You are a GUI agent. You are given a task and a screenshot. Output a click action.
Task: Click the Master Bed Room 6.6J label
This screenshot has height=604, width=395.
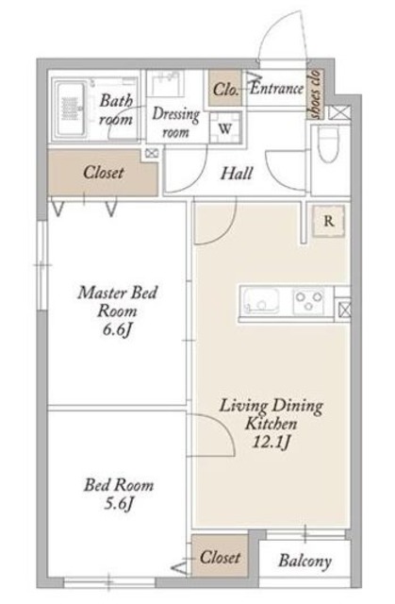(x=117, y=310)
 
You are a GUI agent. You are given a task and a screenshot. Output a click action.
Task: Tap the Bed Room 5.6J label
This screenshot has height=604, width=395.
(x=119, y=495)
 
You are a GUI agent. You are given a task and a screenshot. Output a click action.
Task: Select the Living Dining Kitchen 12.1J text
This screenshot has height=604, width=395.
(x=272, y=424)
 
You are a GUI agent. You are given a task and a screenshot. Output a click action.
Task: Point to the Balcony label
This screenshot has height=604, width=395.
(x=304, y=561)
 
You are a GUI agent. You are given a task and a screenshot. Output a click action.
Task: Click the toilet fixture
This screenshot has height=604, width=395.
(x=329, y=143)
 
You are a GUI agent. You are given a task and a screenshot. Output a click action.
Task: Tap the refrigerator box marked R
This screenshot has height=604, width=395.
(x=328, y=221)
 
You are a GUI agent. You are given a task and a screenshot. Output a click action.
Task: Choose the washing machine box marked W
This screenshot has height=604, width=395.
(x=225, y=127)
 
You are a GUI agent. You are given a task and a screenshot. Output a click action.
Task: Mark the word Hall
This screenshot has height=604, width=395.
(x=237, y=174)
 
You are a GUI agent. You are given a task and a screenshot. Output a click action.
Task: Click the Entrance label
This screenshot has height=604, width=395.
(x=276, y=89)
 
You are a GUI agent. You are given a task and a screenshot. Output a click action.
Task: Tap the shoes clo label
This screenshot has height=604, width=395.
(x=316, y=94)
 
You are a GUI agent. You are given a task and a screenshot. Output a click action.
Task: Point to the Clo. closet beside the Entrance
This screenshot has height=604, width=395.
(x=225, y=89)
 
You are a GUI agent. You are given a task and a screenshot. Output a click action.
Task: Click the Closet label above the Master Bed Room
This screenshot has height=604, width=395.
(x=103, y=172)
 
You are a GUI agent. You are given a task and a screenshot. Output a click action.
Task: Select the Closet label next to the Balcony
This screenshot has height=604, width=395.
(x=220, y=557)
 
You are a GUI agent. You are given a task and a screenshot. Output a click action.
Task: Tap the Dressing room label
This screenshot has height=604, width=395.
(x=175, y=123)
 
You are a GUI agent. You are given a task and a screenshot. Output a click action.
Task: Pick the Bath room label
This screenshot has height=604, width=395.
(x=116, y=109)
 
